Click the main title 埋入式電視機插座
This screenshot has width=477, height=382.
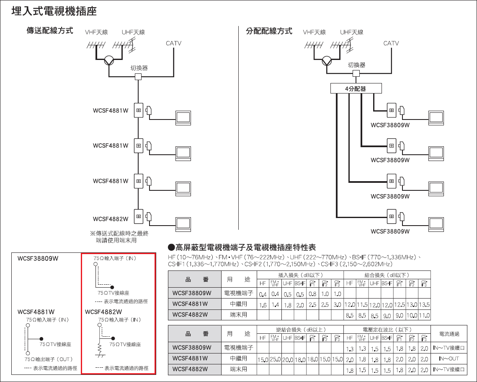(x=54, y=11)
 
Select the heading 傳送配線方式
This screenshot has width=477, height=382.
(x=50, y=31)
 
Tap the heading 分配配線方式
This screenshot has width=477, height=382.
(x=268, y=31)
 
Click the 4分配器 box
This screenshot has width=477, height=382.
(x=356, y=88)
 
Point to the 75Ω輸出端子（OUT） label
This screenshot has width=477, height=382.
(x=49, y=359)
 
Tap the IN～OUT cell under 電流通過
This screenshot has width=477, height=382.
(x=449, y=359)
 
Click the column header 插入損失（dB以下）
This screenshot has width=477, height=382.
(x=301, y=275)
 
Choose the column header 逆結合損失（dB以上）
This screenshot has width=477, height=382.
(x=301, y=330)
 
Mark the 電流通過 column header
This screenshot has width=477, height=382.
(x=449, y=334)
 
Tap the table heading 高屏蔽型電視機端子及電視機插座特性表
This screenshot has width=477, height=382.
(x=245, y=247)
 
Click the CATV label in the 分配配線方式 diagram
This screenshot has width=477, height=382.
(x=391, y=43)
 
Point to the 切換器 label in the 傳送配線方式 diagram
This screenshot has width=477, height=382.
(x=139, y=68)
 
